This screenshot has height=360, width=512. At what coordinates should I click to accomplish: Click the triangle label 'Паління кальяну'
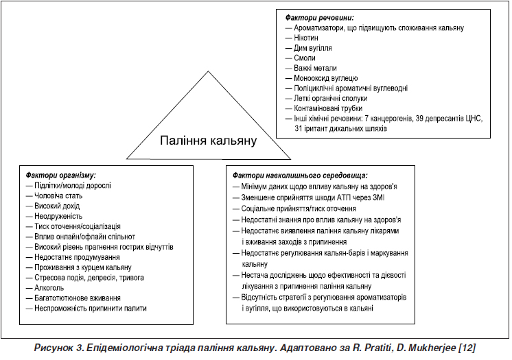pos(209,141)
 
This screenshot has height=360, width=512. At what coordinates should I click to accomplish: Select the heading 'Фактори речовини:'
pos(320,18)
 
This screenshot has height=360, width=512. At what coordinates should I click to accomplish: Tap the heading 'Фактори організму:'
pos(60,176)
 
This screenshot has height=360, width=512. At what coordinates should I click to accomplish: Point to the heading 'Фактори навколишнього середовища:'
pos(300,176)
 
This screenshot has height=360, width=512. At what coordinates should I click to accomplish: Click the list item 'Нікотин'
pos(306,38)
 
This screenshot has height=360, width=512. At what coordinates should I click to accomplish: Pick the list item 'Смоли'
pos(305,58)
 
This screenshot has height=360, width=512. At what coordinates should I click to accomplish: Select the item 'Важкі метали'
pos(315,68)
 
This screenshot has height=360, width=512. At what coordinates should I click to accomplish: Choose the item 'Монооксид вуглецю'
pos(326,78)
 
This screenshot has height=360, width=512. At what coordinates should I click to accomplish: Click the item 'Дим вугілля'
pos(313,48)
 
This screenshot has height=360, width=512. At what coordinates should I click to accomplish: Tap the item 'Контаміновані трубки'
pos(328,108)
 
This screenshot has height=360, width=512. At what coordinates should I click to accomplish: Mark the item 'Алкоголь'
pos(49,288)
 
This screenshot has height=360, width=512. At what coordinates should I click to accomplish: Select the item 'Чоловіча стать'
pos(58,196)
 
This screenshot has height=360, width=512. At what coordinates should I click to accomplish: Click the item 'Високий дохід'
pos(57,206)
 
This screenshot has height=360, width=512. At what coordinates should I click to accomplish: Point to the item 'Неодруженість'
pos(58,216)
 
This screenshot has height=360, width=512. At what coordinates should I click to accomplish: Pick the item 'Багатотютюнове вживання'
pos(78,298)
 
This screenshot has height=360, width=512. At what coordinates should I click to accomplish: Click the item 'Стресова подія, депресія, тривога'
pos(89,278)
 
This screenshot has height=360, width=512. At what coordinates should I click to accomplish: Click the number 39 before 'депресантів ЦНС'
pos(420,119)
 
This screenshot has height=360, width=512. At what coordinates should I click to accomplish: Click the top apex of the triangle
pos(208,71)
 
